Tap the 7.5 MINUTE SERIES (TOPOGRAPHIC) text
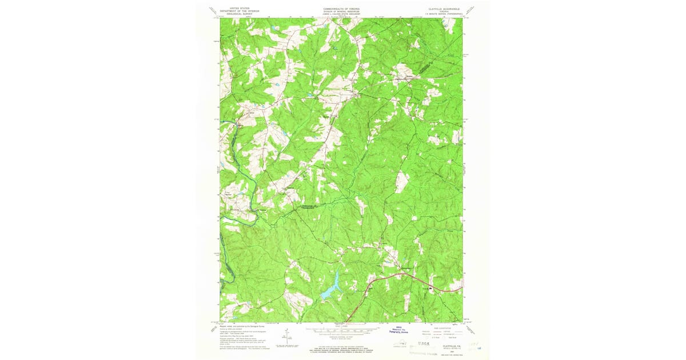[443, 14]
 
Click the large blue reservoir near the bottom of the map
[331, 289]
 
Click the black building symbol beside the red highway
[432, 289]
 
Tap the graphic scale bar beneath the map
[342, 330]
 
